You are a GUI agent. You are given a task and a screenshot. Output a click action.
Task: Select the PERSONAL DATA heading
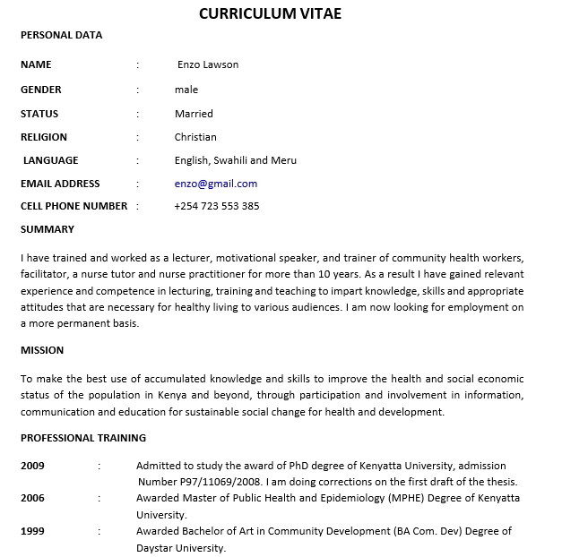click(x=61, y=36)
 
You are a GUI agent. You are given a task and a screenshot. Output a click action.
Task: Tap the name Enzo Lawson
click(x=208, y=64)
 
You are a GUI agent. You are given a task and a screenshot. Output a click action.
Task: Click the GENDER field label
click(x=41, y=90)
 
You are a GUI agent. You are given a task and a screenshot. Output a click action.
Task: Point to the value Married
click(x=194, y=114)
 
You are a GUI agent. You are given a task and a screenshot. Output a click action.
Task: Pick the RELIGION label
click(x=44, y=137)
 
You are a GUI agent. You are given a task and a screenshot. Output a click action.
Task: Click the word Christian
click(x=195, y=137)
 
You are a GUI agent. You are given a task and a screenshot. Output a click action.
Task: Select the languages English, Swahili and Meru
click(x=235, y=160)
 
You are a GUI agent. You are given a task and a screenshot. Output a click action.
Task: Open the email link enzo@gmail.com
click(x=215, y=184)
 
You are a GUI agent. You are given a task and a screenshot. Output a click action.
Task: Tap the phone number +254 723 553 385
click(x=217, y=206)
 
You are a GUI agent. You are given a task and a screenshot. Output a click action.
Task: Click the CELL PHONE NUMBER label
click(x=74, y=206)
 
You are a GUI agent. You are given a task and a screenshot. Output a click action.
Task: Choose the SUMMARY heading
click(x=48, y=230)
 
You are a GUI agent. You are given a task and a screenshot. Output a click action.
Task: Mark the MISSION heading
click(x=42, y=350)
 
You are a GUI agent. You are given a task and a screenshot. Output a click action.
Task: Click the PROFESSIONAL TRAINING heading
click(x=83, y=438)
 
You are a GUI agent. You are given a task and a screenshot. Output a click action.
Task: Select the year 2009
click(x=32, y=466)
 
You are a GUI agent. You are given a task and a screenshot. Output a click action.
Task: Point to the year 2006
click(x=32, y=498)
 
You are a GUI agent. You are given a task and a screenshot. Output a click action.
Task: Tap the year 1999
click(x=32, y=531)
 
